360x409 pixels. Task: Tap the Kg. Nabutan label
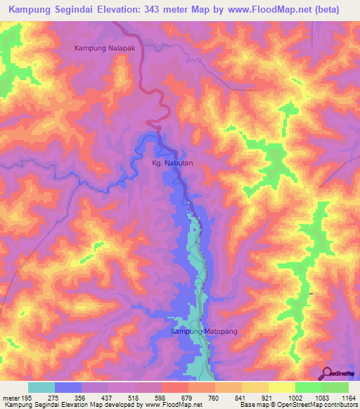(x=172, y=163)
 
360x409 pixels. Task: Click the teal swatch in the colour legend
(x=41, y=387)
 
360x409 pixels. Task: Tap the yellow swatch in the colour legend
(x=281, y=387)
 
